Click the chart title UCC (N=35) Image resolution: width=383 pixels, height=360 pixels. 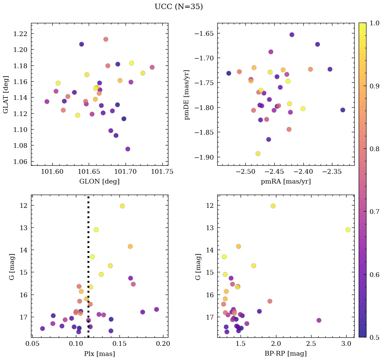pos(179,7)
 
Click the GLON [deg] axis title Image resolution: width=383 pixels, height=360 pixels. pos(100,182)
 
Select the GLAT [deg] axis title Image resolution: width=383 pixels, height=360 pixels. pos(6,94)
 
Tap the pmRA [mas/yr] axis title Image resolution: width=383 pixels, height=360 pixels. pos(286,182)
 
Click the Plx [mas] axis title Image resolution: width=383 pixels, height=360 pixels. pos(100,354)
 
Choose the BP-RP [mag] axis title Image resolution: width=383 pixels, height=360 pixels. pos(286,354)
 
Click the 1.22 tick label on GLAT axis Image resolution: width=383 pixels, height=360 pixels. pos(21,34)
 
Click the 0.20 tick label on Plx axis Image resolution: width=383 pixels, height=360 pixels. pos(163,344)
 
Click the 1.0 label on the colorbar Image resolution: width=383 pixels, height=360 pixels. pos(374,23)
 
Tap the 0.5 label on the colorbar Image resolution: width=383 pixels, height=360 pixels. pos(374,337)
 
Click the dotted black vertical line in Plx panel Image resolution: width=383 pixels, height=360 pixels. pos(88,267)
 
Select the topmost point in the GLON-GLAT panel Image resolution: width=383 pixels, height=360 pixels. pos(106,39)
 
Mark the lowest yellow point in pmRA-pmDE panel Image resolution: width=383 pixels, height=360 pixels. pos(258,154)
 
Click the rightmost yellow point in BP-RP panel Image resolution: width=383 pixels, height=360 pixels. pos(348,230)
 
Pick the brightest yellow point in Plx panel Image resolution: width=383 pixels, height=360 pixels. pos(122,206)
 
